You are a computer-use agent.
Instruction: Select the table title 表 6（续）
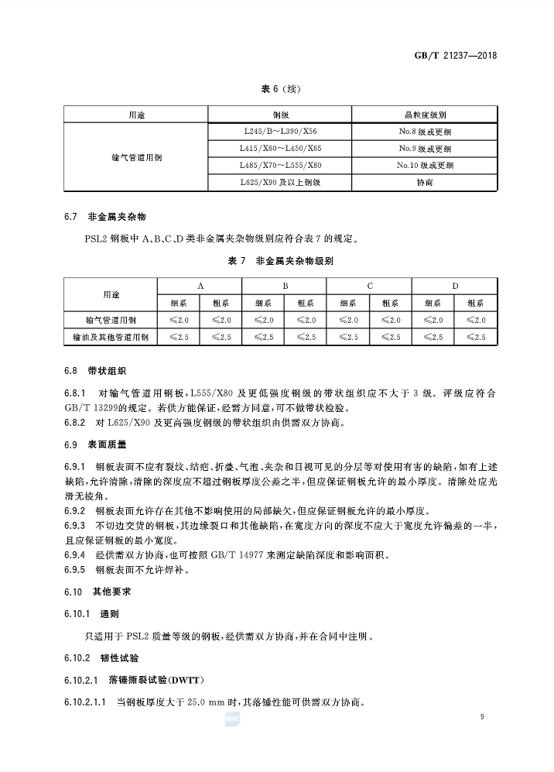click(279, 89)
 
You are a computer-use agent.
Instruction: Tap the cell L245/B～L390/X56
click(279, 131)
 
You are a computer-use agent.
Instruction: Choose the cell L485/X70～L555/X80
click(279, 165)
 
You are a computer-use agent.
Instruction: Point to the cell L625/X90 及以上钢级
click(279, 182)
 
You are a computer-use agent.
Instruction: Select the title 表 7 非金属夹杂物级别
click(279, 262)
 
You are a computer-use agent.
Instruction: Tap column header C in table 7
click(370, 286)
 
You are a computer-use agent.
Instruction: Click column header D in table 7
click(455, 286)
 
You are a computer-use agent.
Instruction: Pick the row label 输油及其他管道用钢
click(111, 337)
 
